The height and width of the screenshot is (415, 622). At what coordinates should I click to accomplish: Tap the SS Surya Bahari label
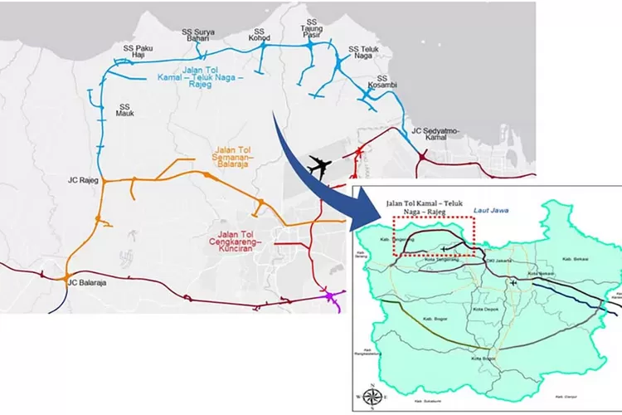point(196,37)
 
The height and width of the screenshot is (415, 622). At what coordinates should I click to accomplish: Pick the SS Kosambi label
point(378,82)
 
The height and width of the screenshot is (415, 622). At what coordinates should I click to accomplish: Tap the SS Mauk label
point(125,112)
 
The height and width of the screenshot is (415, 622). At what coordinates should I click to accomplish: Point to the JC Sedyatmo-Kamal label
point(435,135)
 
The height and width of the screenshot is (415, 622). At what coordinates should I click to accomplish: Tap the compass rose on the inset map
point(370,394)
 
